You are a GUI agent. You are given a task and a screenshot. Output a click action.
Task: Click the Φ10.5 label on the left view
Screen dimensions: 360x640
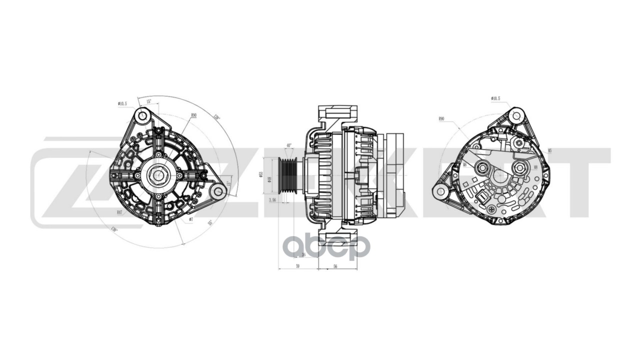point(122,103)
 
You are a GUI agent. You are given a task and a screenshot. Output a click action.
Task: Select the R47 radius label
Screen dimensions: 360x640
point(120,212)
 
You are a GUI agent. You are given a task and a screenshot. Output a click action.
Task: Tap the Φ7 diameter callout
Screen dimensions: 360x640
point(190,219)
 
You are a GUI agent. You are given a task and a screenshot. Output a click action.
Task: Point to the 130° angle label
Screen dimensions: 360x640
point(114,229)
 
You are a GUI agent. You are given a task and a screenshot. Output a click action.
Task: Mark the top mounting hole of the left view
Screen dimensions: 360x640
point(142,116)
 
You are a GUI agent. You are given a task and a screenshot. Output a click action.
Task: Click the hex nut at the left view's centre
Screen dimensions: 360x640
point(158,175)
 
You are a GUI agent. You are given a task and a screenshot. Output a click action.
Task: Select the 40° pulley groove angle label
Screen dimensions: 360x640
point(288,145)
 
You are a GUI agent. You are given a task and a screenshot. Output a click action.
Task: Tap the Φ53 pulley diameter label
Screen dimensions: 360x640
point(261,174)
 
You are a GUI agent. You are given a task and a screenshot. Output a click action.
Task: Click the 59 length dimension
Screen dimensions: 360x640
point(297,266)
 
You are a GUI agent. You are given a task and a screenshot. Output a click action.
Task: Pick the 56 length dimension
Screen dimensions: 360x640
point(335,266)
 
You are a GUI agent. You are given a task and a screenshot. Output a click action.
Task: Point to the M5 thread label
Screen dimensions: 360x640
point(549,150)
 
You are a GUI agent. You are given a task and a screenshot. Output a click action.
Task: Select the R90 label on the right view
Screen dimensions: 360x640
point(441,118)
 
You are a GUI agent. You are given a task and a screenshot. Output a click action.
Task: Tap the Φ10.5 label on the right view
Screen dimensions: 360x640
point(495,98)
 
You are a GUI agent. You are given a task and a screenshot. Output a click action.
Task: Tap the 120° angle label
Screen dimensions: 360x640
point(216,117)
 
